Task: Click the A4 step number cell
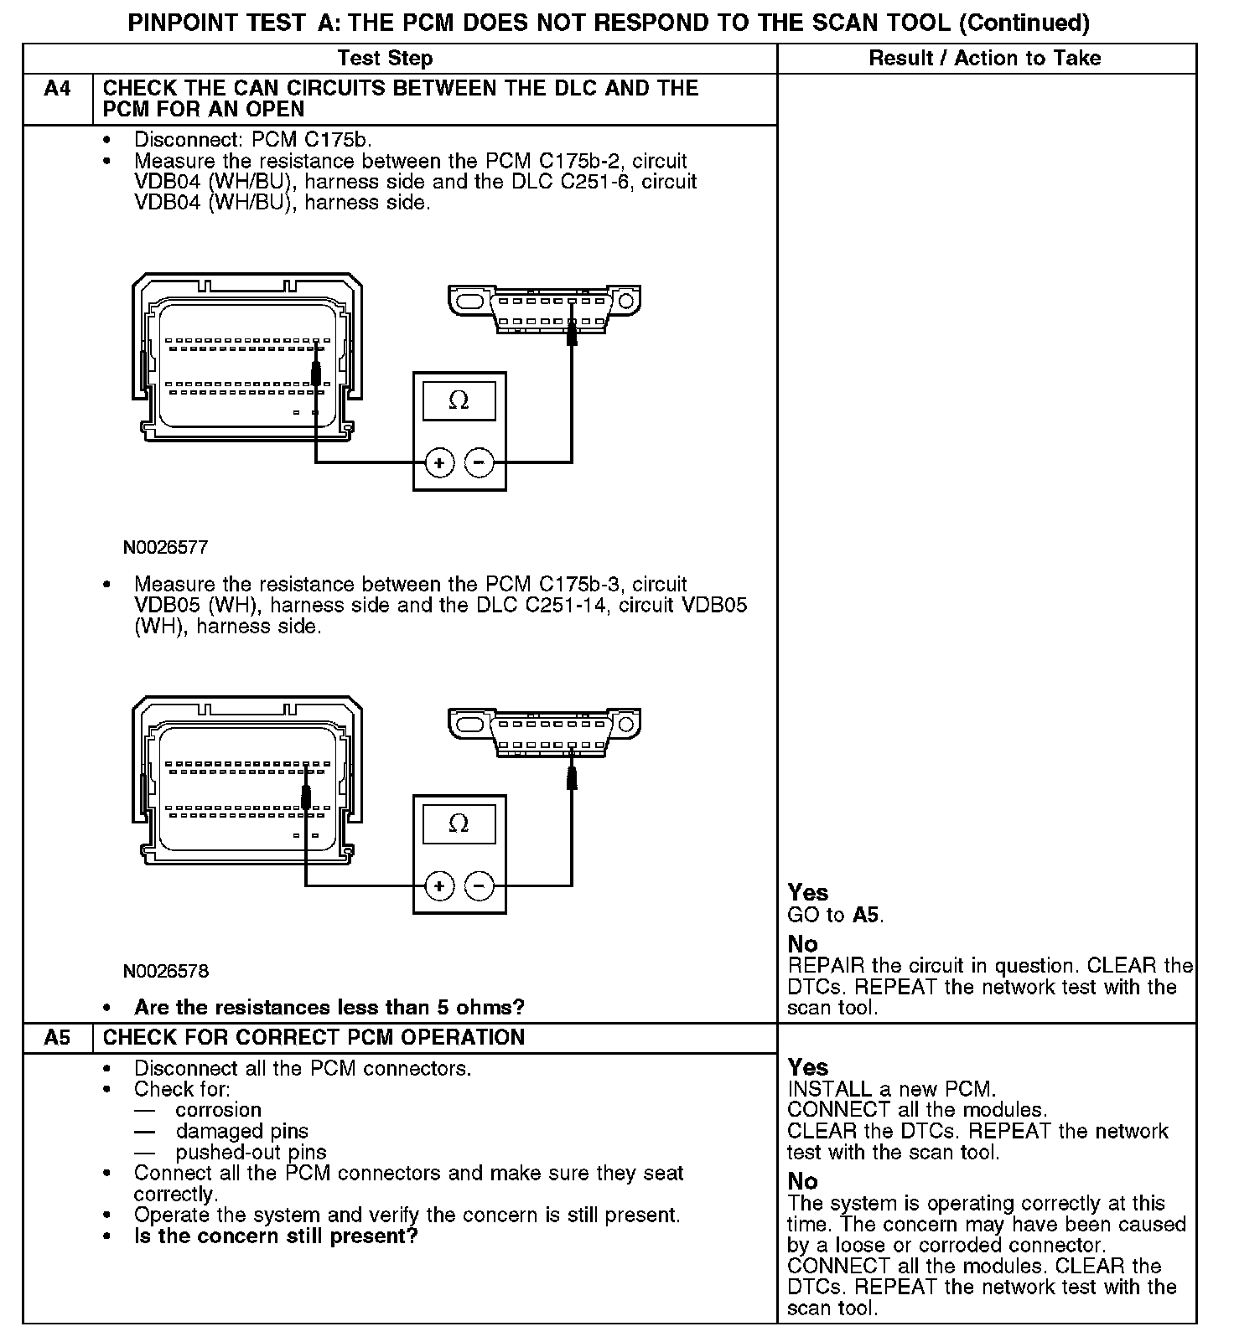click(x=57, y=89)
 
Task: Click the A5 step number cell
click(x=57, y=1037)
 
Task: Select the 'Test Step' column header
click(x=385, y=58)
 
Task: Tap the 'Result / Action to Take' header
click(x=985, y=58)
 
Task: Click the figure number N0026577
click(x=165, y=548)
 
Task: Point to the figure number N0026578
click(x=165, y=972)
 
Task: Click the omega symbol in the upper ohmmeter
click(x=459, y=400)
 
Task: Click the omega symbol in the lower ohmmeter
click(x=459, y=823)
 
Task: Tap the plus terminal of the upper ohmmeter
click(x=439, y=462)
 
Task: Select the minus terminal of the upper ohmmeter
click(x=479, y=462)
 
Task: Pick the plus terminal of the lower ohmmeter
click(x=439, y=885)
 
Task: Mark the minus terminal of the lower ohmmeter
click(x=479, y=885)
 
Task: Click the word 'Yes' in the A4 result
click(x=807, y=893)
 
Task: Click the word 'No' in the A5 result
click(x=802, y=1181)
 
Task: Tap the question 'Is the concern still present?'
click(x=276, y=1236)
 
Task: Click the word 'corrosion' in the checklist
click(x=218, y=1110)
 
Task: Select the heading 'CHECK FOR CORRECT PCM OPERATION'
click(x=314, y=1037)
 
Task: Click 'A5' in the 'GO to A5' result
click(x=866, y=915)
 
